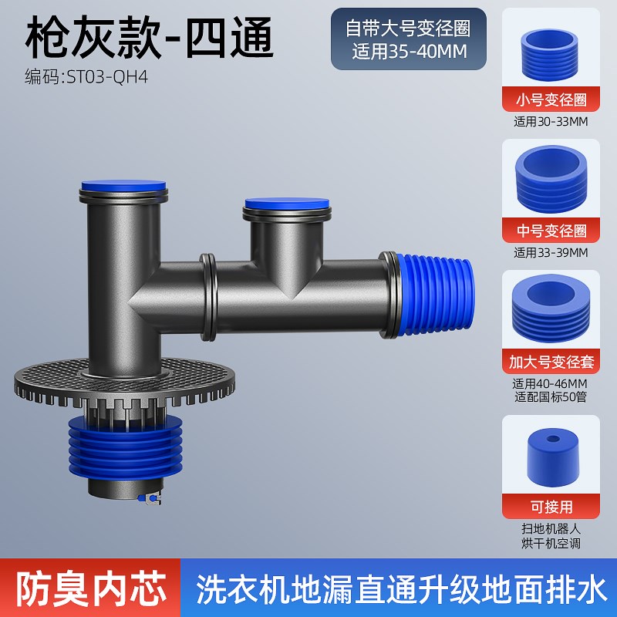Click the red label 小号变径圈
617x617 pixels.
[550, 99]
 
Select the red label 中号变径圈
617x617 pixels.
[550, 231]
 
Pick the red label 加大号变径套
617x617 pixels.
[550, 360]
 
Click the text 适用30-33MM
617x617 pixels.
[550, 121]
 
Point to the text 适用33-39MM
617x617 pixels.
[550, 251]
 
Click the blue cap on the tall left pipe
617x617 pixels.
[123, 187]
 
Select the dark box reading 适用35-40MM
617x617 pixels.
[409, 39]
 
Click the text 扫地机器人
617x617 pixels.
[550, 529]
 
